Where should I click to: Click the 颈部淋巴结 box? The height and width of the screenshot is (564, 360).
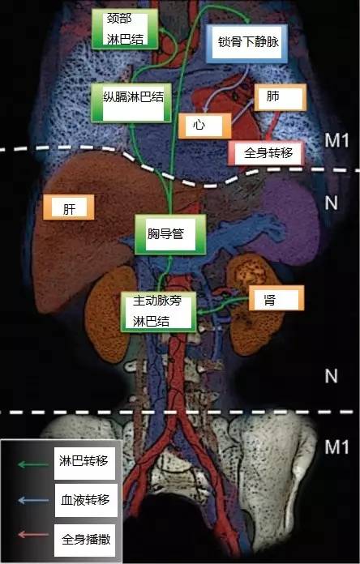[x=125, y=29]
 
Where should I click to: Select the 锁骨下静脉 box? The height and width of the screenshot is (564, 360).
[x=247, y=43]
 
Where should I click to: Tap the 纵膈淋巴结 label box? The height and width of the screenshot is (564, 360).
[x=131, y=103]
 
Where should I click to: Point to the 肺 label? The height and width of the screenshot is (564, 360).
[x=281, y=97]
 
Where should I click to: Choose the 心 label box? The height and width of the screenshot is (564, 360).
[x=204, y=126]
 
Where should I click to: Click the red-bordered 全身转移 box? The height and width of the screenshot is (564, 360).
[x=267, y=153]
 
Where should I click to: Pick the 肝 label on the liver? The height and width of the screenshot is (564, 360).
[x=69, y=207]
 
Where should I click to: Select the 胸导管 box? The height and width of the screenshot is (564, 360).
[x=170, y=234]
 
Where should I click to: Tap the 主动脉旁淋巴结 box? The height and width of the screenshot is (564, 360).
[x=158, y=311]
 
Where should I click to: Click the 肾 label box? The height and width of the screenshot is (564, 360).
[x=276, y=298]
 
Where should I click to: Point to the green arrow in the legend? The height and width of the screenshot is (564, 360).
[x=33, y=464]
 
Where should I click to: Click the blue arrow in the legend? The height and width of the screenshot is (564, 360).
[x=33, y=500]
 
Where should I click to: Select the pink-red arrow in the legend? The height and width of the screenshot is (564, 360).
[x=33, y=535]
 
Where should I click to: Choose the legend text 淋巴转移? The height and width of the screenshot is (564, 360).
[x=84, y=461]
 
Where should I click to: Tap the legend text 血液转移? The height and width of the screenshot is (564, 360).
[x=85, y=500]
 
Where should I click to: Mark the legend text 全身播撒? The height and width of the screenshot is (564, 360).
[x=86, y=539]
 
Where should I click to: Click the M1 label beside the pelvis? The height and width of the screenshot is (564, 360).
[x=337, y=447]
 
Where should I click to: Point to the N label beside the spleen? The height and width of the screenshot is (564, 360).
[x=331, y=203]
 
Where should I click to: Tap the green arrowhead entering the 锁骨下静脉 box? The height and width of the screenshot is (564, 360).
[x=247, y=20]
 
